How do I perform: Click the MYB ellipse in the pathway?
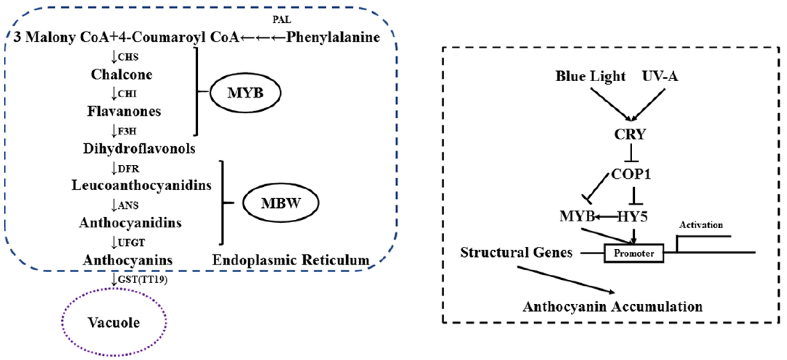[245, 93]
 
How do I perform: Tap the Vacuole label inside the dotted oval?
[114, 322]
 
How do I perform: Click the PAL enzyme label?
[282, 20]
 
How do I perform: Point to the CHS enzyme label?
[128, 57]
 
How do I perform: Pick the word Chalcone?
[122, 74]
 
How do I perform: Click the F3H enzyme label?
[127, 131]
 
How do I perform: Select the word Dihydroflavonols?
[139, 149]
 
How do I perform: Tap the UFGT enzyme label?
[131, 243]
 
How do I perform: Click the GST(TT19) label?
[143, 280]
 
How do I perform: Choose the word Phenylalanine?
[333, 37]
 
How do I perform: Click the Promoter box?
[634, 253]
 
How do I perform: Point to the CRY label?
[630, 134]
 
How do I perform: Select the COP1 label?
[631, 174]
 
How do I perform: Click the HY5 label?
[633, 217]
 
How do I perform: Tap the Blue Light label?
[590, 76]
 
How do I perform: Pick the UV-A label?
[660, 76]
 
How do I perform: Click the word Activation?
[701, 225]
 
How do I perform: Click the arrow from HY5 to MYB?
[606, 217]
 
